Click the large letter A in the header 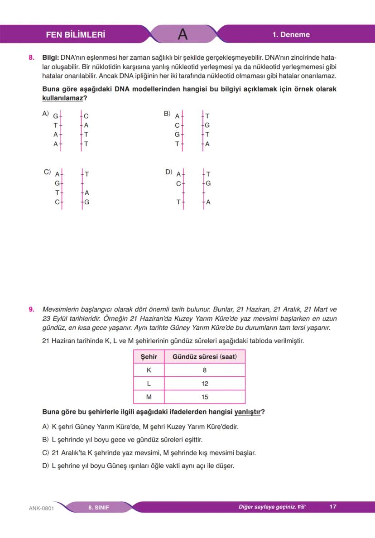click(183, 34)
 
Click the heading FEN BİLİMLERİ click(76, 34)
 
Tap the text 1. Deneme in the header click(291, 34)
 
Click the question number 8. click(31, 58)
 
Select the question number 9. click(31, 310)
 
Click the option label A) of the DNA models click(45, 114)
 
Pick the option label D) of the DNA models click(168, 172)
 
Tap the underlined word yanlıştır click(247, 412)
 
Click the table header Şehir click(149, 357)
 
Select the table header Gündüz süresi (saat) click(205, 357)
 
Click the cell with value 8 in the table click(205, 370)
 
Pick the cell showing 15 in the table click(205, 397)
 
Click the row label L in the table click(149, 384)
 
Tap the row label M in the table click(149, 397)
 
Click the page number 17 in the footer click(333, 507)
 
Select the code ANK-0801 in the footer click(41, 508)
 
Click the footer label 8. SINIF click(99, 507)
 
